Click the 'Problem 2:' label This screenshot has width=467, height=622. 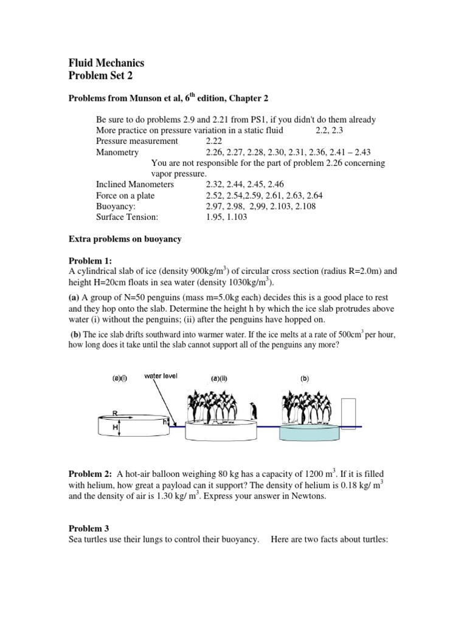[91, 473]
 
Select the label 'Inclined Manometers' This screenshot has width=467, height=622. [135, 184]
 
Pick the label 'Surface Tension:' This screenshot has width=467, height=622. [127, 217]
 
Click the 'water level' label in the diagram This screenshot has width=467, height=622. [161, 376]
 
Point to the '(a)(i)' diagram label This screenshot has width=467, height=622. [120, 377]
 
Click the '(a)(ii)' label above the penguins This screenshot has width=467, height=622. [219, 378]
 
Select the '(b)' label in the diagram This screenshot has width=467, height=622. [305, 378]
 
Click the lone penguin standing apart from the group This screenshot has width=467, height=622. [254, 411]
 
